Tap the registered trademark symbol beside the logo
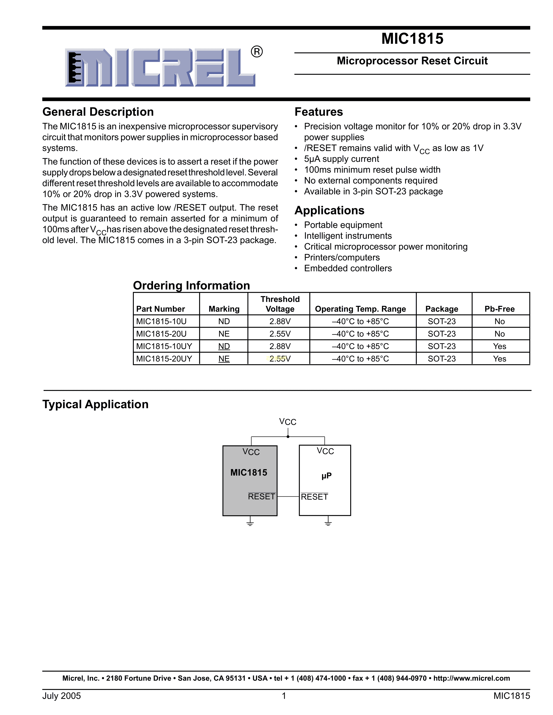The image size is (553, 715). [257, 52]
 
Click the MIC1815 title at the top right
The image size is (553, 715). [412, 39]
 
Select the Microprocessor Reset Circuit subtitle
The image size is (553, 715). [412, 61]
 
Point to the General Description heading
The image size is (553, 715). [98, 112]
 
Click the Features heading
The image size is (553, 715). [318, 112]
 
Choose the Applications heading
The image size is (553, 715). [329, 211]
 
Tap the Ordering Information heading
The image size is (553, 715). [191, 286]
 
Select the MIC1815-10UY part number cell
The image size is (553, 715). [164, 346]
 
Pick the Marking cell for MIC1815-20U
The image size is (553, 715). [224, 334]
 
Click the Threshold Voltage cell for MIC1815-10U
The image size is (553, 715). [280, 322]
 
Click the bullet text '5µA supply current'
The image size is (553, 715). [341, 159]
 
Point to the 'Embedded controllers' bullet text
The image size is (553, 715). [348, 268]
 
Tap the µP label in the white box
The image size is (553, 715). [326, 475]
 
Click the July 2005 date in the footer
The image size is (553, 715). [62, 696]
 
